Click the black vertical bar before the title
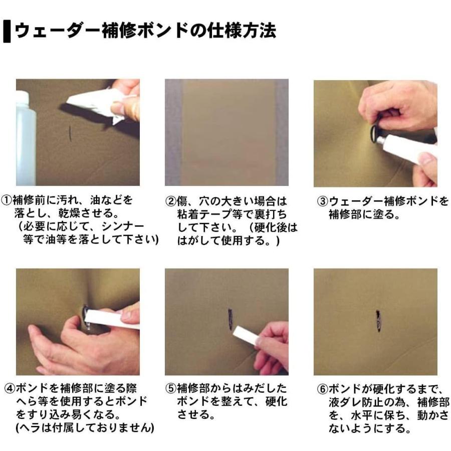click(x=7, y=32)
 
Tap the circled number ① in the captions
click(x=7, y=200)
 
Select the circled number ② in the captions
click(x=171, y=201)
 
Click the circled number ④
click(x=10, y=389)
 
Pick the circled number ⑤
click(x=171, y=388)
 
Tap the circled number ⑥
click(x=322, y=389)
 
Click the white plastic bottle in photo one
click(x=26, y=139)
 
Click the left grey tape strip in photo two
click(x=173, y=132)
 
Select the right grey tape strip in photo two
click(x=281, y=132)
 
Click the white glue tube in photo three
click(x=408, y=148)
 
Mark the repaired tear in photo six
click(x=378, y=321)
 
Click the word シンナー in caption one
click(x=123, y=227)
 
